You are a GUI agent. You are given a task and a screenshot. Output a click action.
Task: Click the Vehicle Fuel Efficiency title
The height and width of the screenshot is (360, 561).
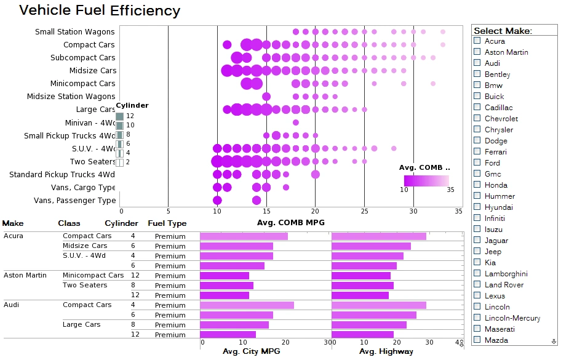(100, 10)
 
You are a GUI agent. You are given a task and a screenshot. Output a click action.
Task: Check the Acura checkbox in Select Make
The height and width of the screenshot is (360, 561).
(477, 41)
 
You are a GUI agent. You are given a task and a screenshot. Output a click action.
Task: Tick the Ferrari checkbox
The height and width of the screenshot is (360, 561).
(477, 152)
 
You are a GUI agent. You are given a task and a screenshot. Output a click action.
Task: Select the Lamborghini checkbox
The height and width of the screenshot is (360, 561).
(477, 274)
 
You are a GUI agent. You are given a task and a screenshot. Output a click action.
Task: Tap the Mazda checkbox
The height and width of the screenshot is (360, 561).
(477, 340)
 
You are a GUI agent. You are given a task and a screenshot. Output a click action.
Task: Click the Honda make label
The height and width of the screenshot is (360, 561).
(496, 185)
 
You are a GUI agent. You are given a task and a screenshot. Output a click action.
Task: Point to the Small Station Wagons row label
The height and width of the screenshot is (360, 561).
(74, 32)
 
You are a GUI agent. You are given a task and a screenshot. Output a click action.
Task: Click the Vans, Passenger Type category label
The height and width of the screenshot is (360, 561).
(74, 201)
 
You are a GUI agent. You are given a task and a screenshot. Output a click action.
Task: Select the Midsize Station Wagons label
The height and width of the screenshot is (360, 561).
(71, 97)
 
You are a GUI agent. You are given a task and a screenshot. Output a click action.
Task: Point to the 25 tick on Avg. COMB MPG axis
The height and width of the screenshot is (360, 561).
(364, 211)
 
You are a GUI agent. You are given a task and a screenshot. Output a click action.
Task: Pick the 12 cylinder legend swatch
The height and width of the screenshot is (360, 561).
(120, 116)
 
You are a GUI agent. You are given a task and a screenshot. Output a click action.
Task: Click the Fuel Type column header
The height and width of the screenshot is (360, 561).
(167, 223)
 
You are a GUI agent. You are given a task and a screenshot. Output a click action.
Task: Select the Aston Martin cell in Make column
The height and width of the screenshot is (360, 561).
(25, 275)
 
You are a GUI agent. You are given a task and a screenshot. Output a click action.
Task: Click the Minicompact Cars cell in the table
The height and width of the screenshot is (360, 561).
(93, 275)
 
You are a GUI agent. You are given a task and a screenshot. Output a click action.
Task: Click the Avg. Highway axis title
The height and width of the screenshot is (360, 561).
(386, 351)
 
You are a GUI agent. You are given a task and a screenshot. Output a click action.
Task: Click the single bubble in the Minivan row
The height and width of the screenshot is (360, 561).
(296, 122)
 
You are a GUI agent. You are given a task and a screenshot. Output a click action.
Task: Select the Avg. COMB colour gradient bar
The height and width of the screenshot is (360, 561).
(426, 180)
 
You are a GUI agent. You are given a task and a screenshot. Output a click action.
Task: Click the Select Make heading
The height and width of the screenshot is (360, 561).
(503, 31)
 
